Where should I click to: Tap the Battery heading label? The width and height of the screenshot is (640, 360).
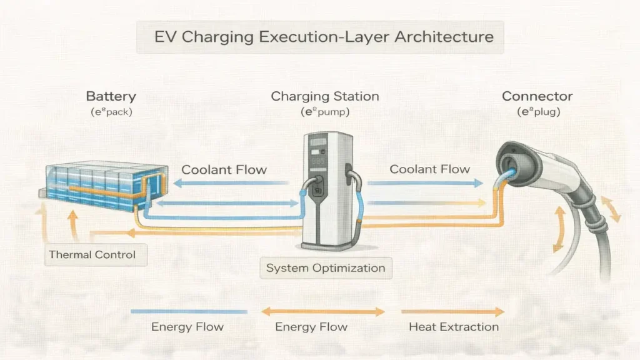coord(111,97)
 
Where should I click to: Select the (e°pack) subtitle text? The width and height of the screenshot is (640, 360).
coord(111,112)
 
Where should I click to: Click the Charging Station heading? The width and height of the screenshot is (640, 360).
coord(324,97)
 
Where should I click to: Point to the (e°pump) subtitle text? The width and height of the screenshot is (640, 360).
coord(324,112)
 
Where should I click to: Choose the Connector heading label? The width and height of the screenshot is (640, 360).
coord(537,97)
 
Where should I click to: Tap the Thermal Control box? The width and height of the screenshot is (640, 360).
coord(92,255)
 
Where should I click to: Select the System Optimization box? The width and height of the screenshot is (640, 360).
coord(325,268)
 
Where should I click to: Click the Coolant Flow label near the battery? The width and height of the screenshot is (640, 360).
coord(224,169)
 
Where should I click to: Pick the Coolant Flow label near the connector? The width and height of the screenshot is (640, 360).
coord(429,169)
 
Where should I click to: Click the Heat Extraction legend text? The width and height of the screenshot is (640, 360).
coord(453,326)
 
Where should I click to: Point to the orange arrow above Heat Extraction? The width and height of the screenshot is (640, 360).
coord(452,311)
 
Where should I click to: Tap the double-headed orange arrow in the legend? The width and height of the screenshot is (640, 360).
coord(322,311)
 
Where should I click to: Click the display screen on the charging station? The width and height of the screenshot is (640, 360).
coord(319,144)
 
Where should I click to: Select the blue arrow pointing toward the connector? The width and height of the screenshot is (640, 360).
coord(425,184)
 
